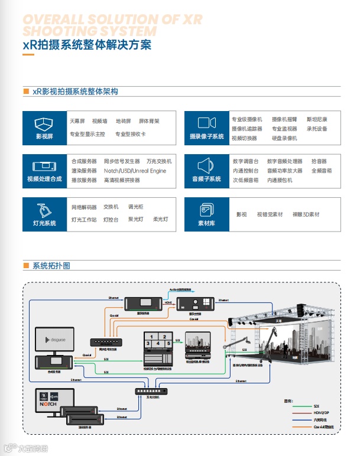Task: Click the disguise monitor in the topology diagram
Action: pyautogui.click(x=54, y=341)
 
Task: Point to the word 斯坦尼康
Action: pyautogui.click(x=316, y=119)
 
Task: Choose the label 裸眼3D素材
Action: pyautogui.click(x=305, y=214)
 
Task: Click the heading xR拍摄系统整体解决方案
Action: pyautogui.click(x=86, y=45)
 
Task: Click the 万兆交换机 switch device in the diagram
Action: pyautogui.click(x=152, y=390)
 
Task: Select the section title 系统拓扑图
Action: pyautogui.click(x=51, y=266)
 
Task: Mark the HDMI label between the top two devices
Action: pyautogui.click(x=167, y=301)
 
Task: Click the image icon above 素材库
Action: pyautogui.click(x=206, y=210)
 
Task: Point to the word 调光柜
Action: pyautogui.click(x=136, y=207)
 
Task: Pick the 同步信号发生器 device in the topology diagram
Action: pyautogui.click(x=107, y=342)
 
